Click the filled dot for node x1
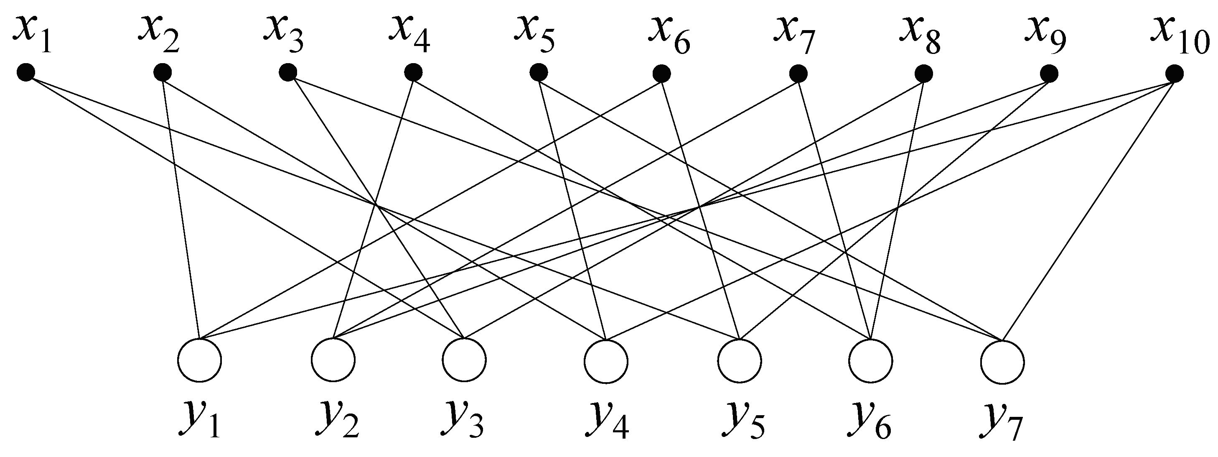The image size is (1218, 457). pos(25,72)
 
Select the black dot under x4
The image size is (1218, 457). pos(413,72)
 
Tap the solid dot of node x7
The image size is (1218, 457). pos(798,73)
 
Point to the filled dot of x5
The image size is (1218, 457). pos(539,73)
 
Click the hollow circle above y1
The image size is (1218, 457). pos(200,360)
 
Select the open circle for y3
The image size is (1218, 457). pos(464,360)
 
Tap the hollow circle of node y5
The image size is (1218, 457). pos(740,360)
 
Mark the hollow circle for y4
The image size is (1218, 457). pos(606,360)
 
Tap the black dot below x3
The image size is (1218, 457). pos(287,72)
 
